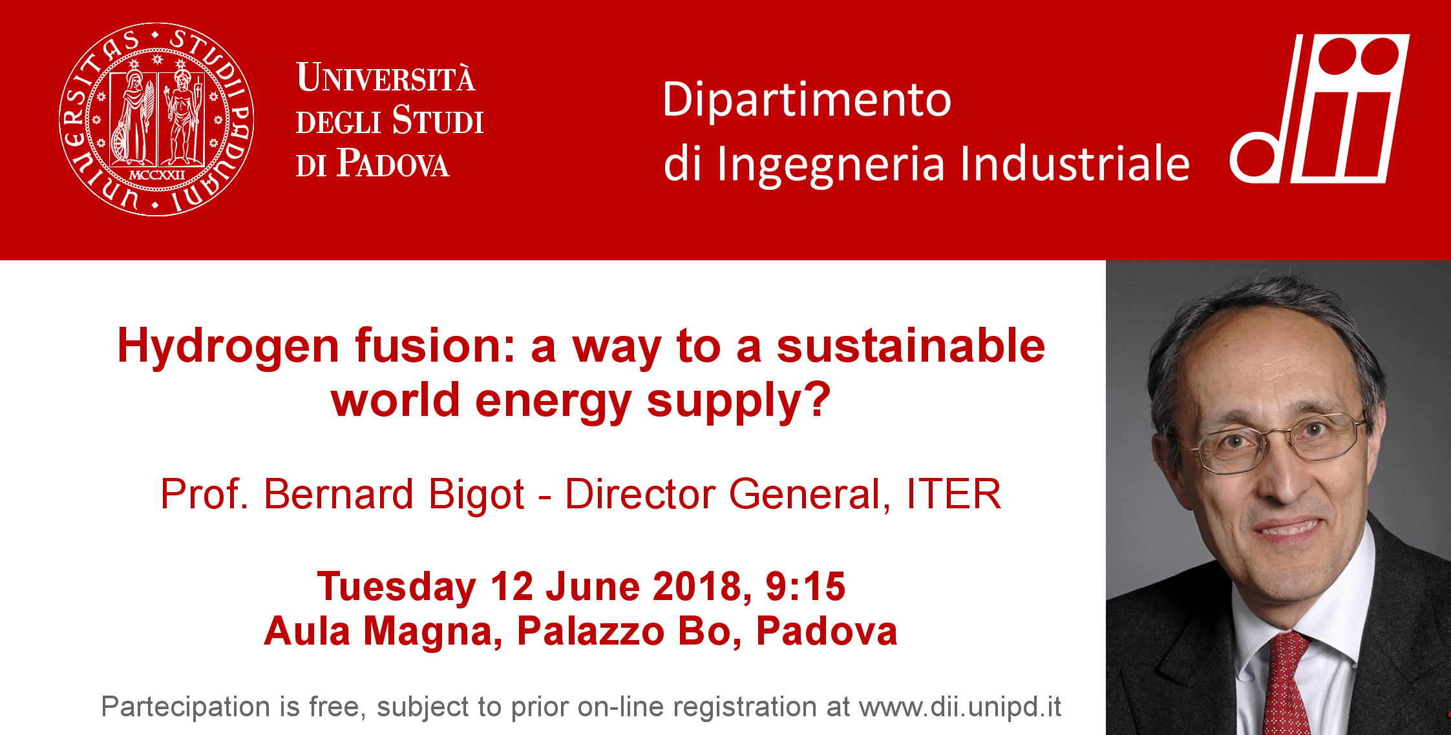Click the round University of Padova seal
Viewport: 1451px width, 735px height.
point(156,119)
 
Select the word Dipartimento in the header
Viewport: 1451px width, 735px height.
point(807,100)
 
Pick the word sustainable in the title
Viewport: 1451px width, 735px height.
point(911,346)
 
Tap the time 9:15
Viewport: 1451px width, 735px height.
point(805,586)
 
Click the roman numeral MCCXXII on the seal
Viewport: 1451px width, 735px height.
point(157,175)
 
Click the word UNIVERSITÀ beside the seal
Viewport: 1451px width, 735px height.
point(386,78)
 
